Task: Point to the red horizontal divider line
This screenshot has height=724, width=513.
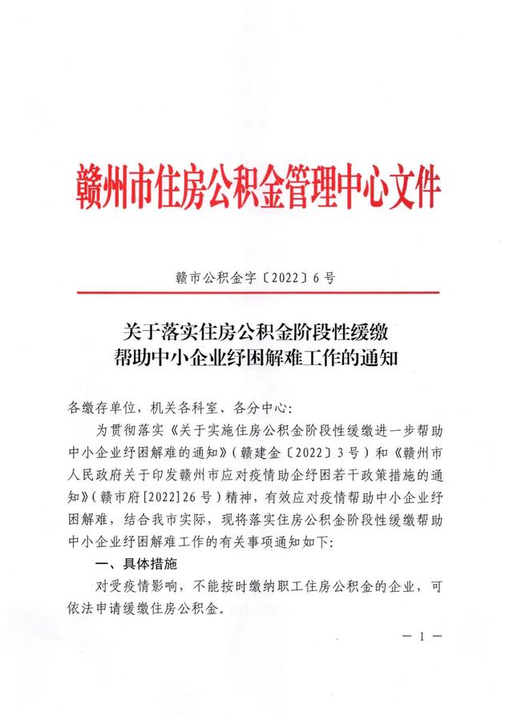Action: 256,293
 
